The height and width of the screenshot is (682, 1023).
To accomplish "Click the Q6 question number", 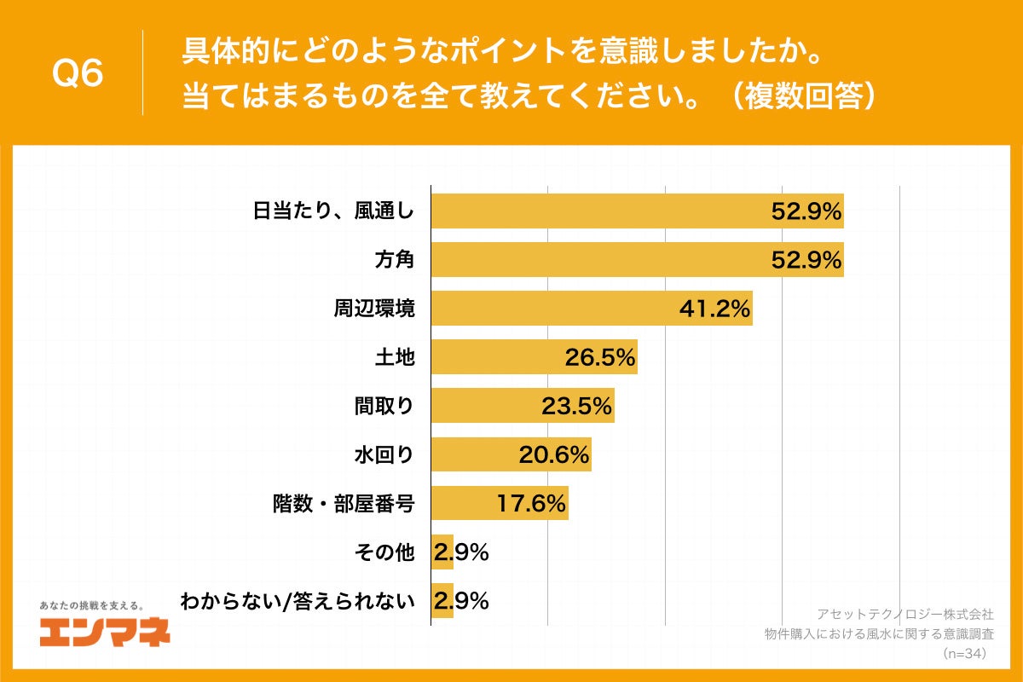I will coord(78,74).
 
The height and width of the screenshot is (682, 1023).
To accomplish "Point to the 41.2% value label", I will coord(714,309).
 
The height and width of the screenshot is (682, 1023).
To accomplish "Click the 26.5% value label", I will coord(600,357).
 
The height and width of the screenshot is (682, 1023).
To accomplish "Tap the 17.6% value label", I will coord(532,504).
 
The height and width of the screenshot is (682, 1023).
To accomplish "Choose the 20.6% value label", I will coord(554,455).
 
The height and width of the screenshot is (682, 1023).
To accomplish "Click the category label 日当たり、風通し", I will coord(333,211).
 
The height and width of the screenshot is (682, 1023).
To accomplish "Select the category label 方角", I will coord(394,260).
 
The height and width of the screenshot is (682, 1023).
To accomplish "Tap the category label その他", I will coord(384,553).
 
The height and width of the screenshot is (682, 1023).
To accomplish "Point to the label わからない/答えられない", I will coord(297,602).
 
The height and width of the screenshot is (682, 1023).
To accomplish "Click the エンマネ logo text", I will coord(104,632).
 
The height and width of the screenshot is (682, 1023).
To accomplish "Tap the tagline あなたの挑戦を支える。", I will coord(92,605).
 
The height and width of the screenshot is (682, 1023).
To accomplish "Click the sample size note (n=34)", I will coord(964,654).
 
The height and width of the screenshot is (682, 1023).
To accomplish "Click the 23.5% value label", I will coord(577,406).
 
